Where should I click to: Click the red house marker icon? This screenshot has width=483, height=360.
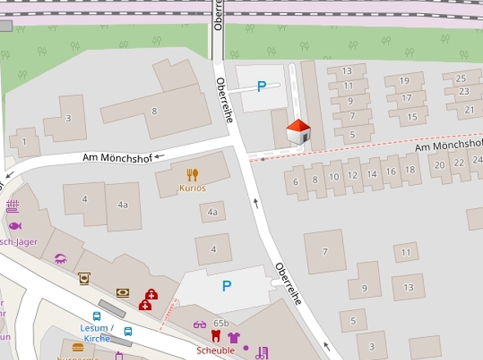coord(299,132)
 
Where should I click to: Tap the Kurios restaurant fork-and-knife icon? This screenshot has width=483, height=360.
coord(192,174)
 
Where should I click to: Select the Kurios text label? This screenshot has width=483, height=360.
coord(192,188)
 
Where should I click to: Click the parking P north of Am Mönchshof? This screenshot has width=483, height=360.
coord(261,86)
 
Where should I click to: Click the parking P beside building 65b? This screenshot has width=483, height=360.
coord(227,286)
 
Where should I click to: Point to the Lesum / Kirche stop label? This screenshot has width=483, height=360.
coord(97,333)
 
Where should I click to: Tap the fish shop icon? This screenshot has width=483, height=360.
coord(14,225)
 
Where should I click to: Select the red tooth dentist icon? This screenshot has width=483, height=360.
coord(216,336)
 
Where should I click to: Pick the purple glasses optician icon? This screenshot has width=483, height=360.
coord(200,325)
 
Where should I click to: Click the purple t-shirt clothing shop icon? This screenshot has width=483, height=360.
coord(233,336)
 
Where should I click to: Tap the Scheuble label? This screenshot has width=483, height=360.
coord(214,350)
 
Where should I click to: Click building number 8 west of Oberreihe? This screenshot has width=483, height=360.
coord(154,111)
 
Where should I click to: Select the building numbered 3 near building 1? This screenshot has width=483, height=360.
coord(68,119)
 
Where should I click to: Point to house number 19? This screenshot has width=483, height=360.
coord(404,80)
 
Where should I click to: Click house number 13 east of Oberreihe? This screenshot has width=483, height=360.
coord(347,71)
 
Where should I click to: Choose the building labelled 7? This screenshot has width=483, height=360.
coord(325,251)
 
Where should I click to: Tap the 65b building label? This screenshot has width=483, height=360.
coord(221,324)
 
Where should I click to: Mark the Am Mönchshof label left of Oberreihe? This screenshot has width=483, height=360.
coord(116,158)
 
